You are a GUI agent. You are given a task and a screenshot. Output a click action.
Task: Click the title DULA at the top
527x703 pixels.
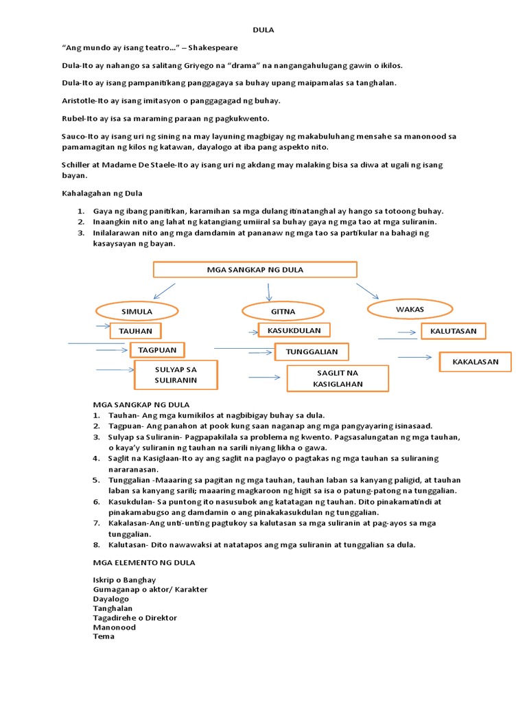[x=263, y=30]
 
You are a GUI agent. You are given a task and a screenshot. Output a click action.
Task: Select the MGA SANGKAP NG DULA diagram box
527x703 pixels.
[x=255, y=270]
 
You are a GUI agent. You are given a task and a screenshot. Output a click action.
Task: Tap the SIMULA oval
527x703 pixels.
[x=137, y=311]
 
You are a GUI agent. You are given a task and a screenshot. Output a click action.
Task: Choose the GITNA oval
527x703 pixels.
[x=283, y=311]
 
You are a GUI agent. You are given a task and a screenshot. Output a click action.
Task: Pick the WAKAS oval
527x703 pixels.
[x=410, y=309]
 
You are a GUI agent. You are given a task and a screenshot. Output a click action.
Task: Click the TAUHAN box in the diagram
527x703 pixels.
[x=135, y=331]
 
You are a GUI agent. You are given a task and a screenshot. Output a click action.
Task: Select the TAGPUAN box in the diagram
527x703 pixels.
[x=157, y=350]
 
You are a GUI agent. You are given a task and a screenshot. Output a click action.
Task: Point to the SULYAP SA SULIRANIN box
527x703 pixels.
[x=176, y=374]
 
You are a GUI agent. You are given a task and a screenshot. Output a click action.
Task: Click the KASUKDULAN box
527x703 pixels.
[x=294, y=330]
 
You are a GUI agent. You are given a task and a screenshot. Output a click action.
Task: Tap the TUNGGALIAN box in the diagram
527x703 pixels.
[x=312, y=352]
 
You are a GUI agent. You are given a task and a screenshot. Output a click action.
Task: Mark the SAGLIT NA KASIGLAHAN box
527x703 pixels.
[x=338, y=378]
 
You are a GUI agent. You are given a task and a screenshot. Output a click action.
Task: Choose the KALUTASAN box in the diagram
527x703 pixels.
[x=453, y=332]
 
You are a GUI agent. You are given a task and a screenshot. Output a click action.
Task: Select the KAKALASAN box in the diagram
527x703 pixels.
[x=476, y=361]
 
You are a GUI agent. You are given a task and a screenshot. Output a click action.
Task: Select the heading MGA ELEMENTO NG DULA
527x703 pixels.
[x=144, y=562]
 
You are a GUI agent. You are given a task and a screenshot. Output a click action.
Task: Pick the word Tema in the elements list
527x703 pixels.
[x=104, y=636]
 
